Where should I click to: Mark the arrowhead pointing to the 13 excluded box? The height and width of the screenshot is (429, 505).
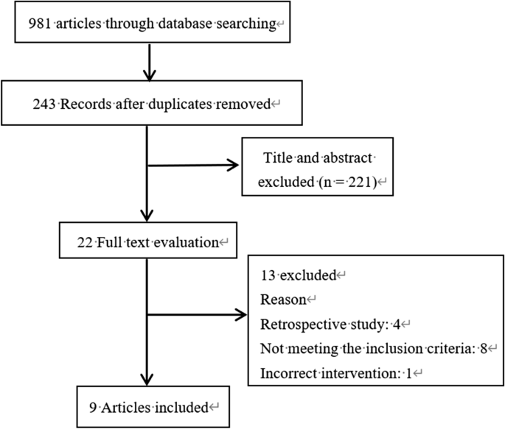(242, 316)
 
